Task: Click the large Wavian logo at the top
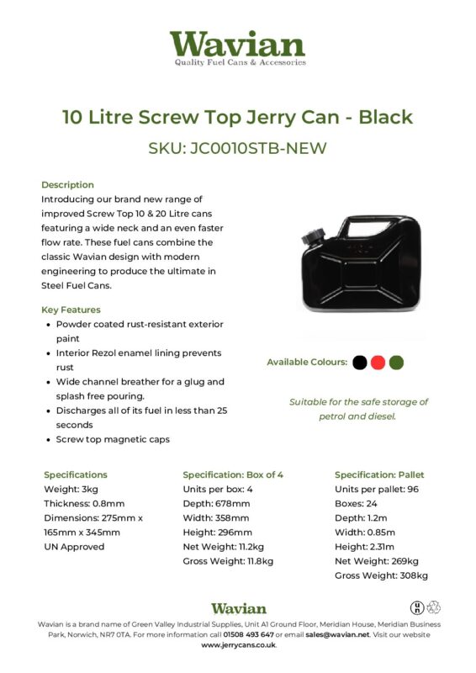[x=237, y=47]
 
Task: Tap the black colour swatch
[x=360, y=363]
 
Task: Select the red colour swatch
[x=378, y=363]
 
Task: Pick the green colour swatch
[x=397, y=363]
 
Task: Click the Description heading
[x=67, y=185]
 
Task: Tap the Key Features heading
[x=71, y=310]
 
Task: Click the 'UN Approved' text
[x=74, y=547]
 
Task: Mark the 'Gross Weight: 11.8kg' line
[x=228, y=561]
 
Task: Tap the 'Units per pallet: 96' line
[x=375, y=489]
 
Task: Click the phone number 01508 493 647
[x=248, y=635]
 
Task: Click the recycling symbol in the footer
[x=435, y=607]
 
